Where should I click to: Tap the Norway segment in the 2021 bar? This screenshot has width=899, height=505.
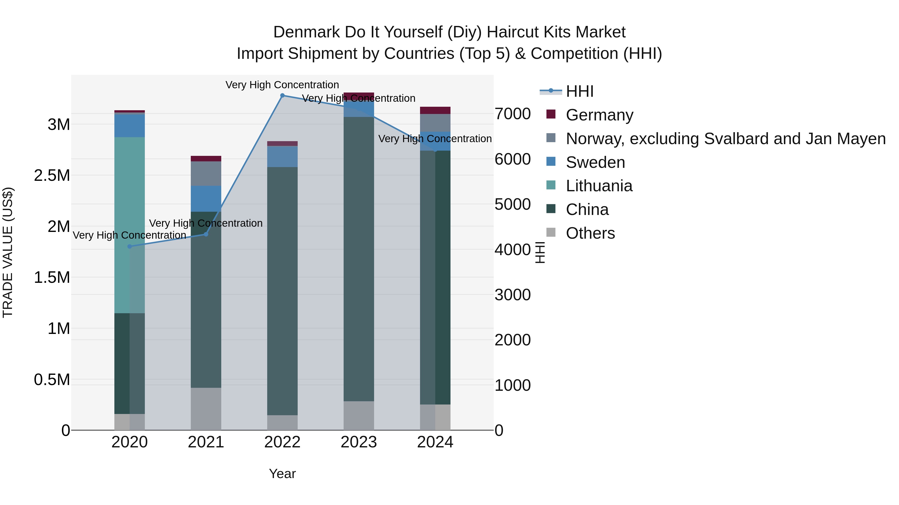(x=206, y=173)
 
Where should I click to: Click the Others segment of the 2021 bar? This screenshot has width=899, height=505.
(x=206, y=408)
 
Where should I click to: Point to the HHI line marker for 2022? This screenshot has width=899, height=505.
(x=282, y=95)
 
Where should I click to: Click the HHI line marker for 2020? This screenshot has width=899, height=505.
(x=129, y=246)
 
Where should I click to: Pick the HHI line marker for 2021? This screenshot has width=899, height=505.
(x=206, y=234)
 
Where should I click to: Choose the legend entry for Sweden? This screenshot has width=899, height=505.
(x=595, y=162)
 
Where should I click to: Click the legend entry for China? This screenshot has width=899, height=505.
(x=587, y=210)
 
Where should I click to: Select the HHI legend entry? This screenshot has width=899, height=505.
(x=579, y=91)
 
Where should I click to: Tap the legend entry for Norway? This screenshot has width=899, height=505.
(x=725, y=139)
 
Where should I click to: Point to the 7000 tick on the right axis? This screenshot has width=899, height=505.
(x=512, y=114)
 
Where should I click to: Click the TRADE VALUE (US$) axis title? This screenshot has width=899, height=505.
(x=8, y=252)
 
